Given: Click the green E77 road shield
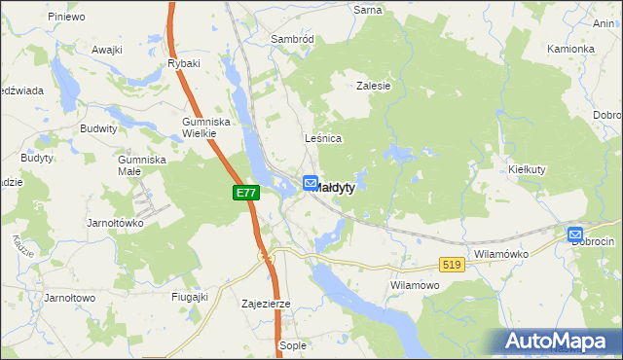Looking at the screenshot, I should pyautogui.click(x=246, y=194).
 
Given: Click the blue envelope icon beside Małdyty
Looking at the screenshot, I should pyautogui.click(x=311, y=182).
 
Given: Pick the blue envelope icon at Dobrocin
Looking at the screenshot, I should pyautogui.click(x=575, y=234).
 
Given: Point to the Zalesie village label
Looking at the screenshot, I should pyautogui.click(x=374, y=86).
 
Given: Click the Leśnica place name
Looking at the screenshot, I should pyautogui.click(x=323, y=138).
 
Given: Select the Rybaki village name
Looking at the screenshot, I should pyautogui.click(x=184, y=63).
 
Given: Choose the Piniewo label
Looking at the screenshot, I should pyautogui.click(x=66, y=17).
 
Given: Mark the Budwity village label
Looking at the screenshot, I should pyautogui.click(x=99, y=127).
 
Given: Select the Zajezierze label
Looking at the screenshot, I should pyautogui.click(x=266, y=304).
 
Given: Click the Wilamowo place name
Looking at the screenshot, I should pyautogui.click(x=416, y=285).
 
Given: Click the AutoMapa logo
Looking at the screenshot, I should pyautogui.click(x=559, y=341).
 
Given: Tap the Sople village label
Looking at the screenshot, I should pyautogui.click(x=293, y=345).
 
